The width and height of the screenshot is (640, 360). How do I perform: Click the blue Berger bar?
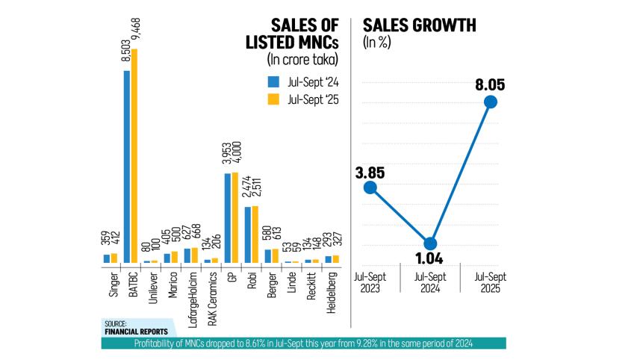(268, 256)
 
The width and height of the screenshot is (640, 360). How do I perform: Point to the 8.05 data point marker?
(491, 102)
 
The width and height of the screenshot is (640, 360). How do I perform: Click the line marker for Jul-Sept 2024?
(429, 243)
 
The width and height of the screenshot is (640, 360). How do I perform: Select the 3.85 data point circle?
(369, 187)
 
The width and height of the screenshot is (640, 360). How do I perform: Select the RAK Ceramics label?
(212, 296)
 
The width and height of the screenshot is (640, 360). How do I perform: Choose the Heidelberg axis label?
(333, 291)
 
